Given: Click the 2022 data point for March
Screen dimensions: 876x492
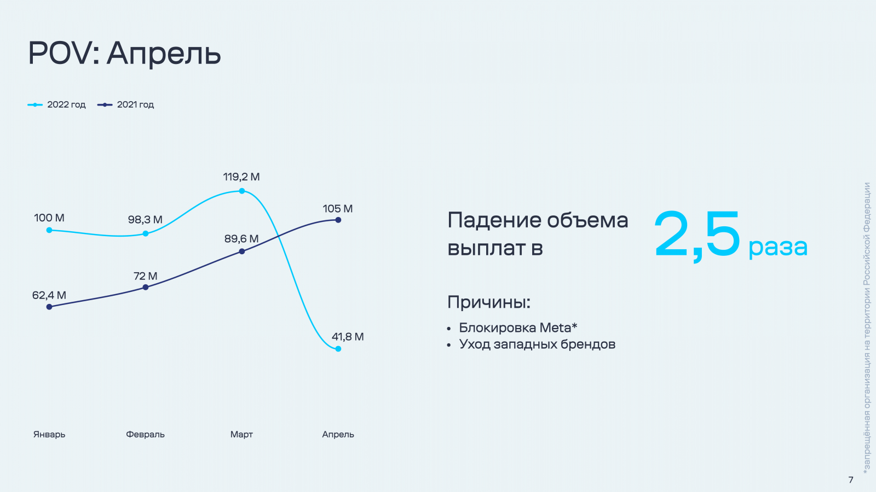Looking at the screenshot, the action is pos(241,191).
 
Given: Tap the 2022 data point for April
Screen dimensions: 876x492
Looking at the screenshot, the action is pos(338,349).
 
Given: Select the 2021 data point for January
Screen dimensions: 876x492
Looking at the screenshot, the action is pos(49,307).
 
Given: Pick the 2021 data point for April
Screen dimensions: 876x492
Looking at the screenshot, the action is pos(338,220).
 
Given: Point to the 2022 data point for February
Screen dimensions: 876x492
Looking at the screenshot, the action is pos(146,233).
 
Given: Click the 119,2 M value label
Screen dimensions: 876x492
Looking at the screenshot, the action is pos(241,177).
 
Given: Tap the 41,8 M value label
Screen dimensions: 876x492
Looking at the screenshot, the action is pos(348,337).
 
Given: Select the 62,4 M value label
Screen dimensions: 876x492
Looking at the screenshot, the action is pos(49,295).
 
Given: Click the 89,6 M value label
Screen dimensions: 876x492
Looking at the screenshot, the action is pos(241,238).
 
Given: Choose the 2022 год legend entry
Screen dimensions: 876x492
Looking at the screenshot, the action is pos(57,104).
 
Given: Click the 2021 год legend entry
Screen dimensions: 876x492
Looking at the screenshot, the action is pos(125,104).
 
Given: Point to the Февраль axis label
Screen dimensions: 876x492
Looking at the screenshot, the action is pos(145,434).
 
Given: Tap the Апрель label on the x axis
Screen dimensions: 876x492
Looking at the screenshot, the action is pos(338,434).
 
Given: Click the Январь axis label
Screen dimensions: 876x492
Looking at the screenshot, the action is pos(49,434).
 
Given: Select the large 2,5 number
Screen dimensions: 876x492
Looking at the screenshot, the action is pos(698,235).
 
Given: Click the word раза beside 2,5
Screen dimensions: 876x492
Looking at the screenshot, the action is pos(778,247).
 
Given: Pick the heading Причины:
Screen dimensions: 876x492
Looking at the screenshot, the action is pos(489,302).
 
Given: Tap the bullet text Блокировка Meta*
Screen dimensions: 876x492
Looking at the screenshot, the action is pos(518,327).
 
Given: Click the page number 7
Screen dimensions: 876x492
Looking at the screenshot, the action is pos(851,479).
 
